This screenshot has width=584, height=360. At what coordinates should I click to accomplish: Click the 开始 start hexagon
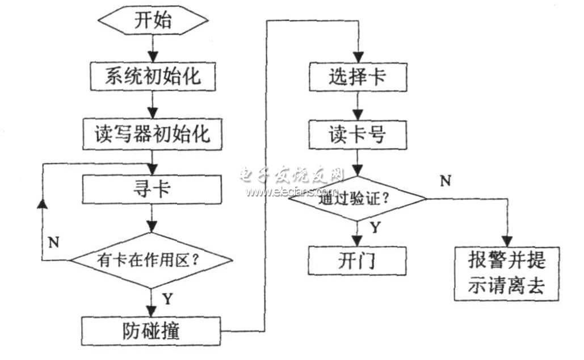click(152, 20)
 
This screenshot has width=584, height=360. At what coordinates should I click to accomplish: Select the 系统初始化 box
click(153, 77)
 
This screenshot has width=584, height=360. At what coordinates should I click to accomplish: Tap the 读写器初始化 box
click(152, 134)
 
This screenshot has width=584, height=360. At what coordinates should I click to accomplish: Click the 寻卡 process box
click(152, 189)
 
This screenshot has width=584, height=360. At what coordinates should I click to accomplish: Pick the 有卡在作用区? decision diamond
click(152, 260)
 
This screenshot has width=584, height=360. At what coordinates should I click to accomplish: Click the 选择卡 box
click(358, 77)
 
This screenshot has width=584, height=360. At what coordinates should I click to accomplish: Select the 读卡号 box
click(358, 135)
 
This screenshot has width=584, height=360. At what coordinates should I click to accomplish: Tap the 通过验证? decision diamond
click(358, 198)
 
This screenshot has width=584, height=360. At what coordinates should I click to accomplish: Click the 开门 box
click(357, 261)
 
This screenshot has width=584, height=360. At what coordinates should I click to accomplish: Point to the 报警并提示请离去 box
click(507, 274)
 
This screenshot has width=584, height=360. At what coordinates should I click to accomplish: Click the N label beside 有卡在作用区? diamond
click(53, 242)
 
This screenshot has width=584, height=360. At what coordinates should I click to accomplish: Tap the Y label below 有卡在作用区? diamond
click(168, 299)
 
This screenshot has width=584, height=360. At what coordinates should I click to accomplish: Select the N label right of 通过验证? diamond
click(446, 181)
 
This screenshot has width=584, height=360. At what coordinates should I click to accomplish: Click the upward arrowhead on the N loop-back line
click(43, 203)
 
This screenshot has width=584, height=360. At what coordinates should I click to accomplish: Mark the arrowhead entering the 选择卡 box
click(358, 57)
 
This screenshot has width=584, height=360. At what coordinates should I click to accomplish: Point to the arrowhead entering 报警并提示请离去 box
click(507, 241)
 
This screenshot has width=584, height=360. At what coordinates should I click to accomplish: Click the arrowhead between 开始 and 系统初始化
click(153, 57)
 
